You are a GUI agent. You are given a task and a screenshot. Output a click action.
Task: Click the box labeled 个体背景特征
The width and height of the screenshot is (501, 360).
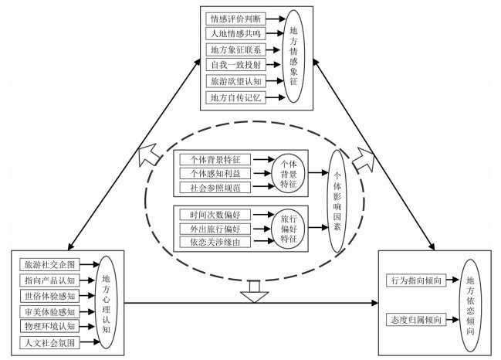215,159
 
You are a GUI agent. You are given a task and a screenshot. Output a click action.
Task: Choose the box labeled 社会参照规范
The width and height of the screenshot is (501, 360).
215,187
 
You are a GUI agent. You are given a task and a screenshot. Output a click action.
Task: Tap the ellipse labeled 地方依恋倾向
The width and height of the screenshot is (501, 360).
472,301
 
